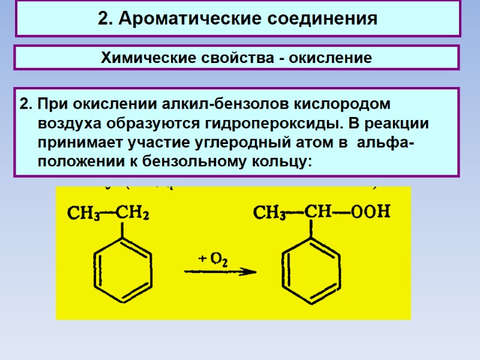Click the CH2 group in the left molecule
133,212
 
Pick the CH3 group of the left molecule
83,212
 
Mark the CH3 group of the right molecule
270,212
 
